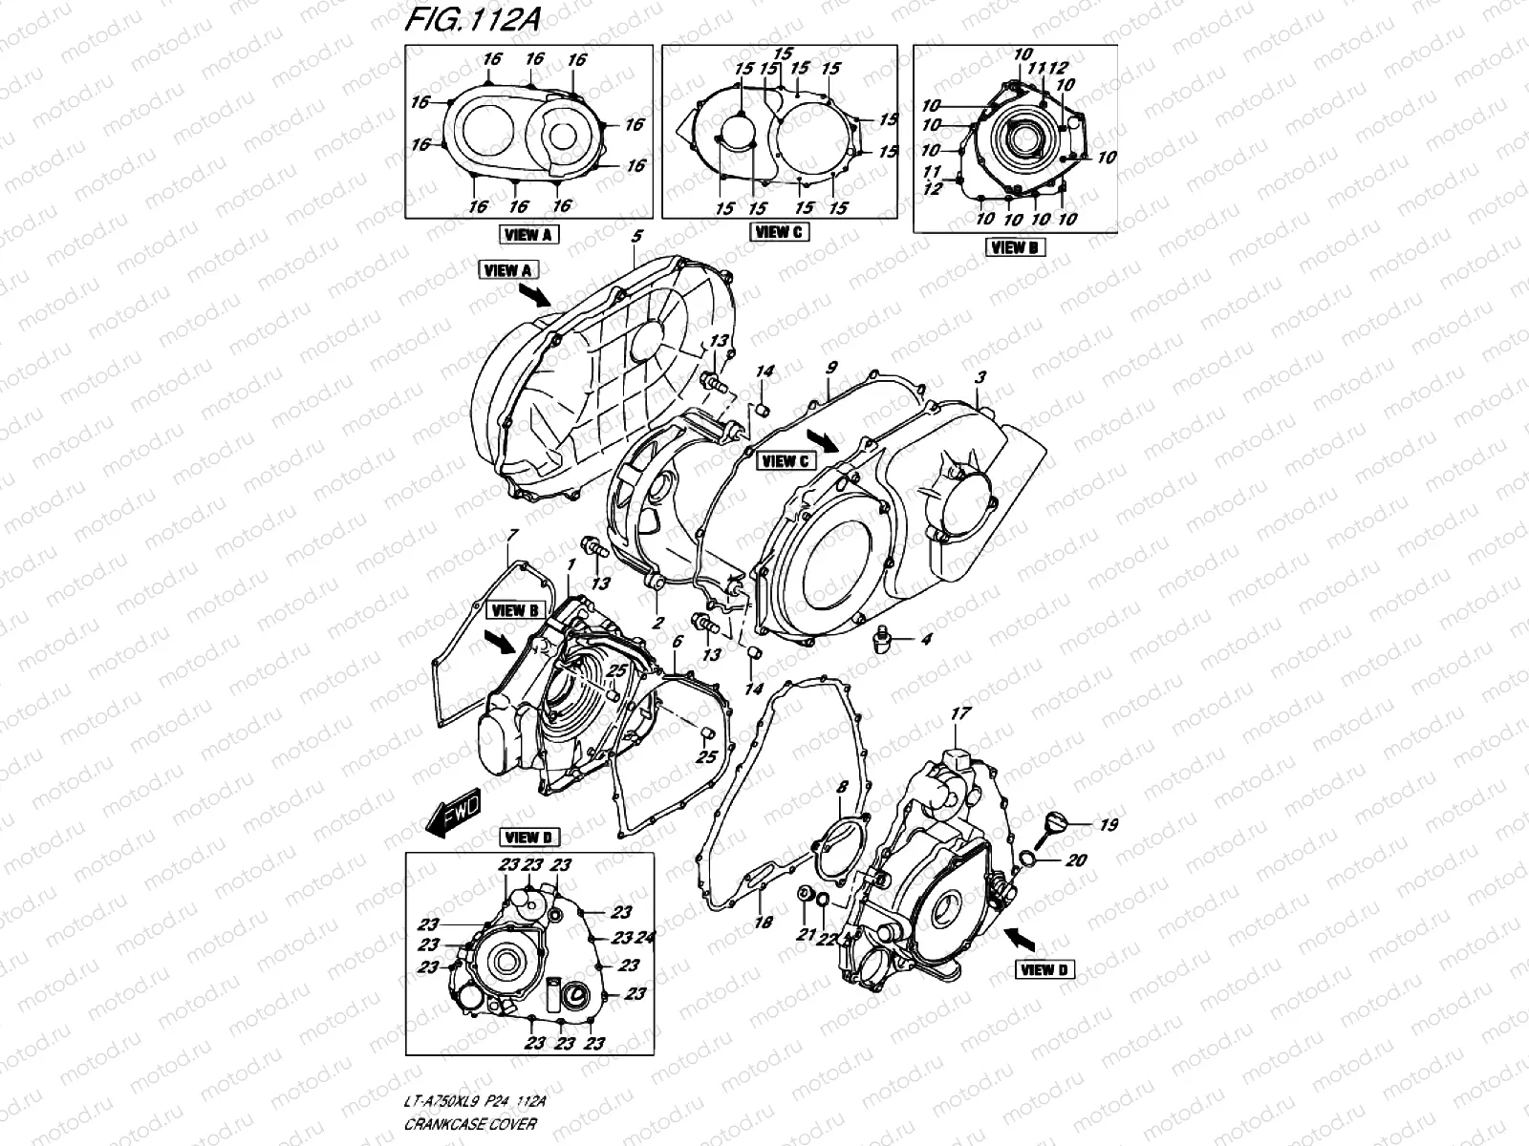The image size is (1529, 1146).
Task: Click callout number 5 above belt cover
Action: pyautogui.click(x=637, y=234)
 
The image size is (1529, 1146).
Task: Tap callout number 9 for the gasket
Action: pyautogui.click(x=831, y=368)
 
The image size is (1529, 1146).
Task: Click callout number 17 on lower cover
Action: pyautogui.click(x=960, y=713)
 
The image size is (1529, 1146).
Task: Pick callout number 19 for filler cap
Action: pyautogui.click(x=1108, y=824)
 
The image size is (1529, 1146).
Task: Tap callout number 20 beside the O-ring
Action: pyautogui.click(x=1076, y=860)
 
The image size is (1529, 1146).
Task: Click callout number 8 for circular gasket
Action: pyautogui.click(x=842, y=788)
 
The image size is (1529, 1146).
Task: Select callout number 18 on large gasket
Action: pyautogui.click(x=762, y=923)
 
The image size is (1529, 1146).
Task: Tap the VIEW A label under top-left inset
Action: pyautogui.click(x=528, y=234)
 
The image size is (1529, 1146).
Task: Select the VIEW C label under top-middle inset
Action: pyautogui.click(x=779, y=231)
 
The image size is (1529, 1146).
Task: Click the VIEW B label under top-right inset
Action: pyautogui.click(x=1015, y=247)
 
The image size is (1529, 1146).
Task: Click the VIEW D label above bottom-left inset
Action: pyautogui.click(x=528, y=838)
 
